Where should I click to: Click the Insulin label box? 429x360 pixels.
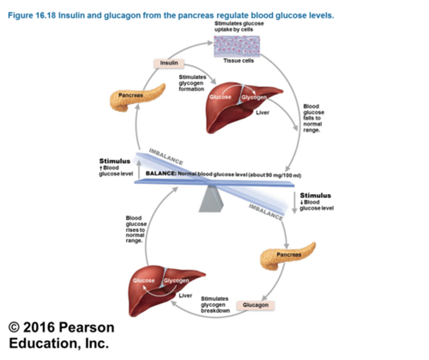[169, 63]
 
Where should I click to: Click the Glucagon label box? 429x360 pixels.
[255, 305]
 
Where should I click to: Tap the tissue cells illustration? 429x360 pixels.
[237, 46]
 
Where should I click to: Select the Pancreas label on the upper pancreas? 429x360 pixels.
[131, 95]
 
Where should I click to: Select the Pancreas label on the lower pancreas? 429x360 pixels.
[289, 255]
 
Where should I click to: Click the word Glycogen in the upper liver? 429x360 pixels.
[254, 97]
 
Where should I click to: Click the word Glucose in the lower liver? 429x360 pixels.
[144, 281]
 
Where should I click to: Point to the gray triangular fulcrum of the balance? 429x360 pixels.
[211, 199]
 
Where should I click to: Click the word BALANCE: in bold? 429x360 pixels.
[161, 173]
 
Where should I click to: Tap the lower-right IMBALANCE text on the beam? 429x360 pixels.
[266, 212]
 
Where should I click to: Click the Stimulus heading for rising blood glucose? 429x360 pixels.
[115, 161]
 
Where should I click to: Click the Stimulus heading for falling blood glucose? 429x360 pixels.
[315, 196]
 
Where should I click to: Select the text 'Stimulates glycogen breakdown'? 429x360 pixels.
[215, 304]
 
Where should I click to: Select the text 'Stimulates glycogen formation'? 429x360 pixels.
[192, 83]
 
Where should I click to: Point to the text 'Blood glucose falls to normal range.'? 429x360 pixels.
[313, 118]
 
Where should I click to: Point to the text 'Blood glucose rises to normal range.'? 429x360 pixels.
[136, 229]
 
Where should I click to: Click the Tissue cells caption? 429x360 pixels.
[238, 61]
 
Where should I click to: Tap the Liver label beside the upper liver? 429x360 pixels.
[262, 113]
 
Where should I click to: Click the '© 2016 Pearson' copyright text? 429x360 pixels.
[61, 328]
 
